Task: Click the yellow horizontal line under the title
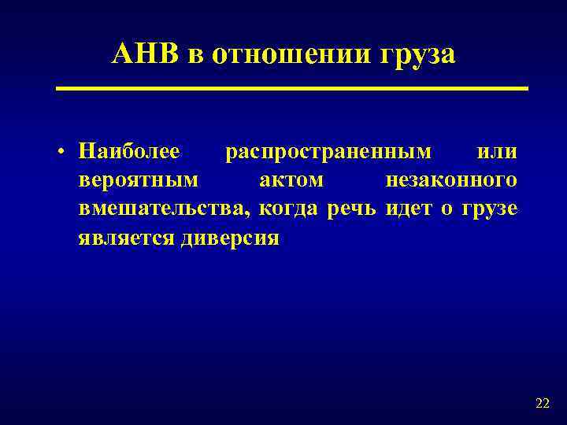291,89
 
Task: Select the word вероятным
138,181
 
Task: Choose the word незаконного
451,181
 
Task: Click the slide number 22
542,404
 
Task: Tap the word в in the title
193,56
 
